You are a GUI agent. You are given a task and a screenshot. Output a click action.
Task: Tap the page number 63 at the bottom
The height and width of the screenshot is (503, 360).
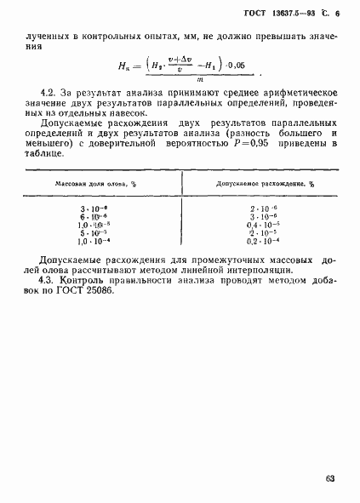point(330,480)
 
